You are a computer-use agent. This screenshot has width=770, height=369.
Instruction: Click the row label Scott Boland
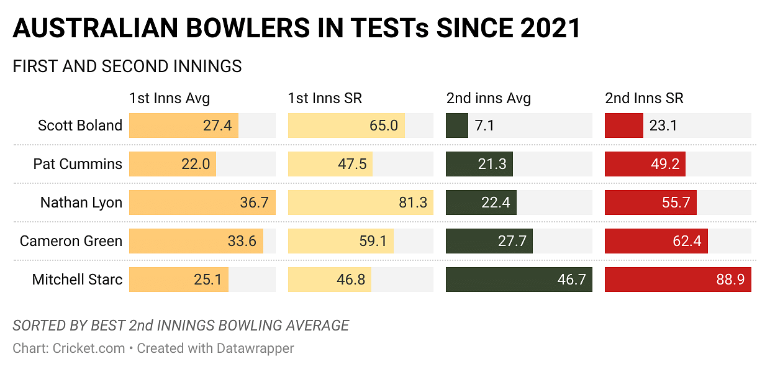79,125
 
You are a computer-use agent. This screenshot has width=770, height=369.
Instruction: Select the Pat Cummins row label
78,164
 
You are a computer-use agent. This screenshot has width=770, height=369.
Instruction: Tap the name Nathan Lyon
81,203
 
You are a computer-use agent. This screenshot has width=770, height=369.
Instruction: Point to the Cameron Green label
71,241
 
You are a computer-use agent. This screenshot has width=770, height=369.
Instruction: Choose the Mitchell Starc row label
77,280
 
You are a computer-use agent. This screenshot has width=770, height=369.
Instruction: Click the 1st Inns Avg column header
170,98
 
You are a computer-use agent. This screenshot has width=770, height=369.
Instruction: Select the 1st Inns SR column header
325,98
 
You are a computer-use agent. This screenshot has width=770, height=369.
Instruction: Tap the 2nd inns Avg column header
489,98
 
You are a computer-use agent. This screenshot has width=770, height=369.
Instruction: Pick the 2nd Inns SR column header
644,98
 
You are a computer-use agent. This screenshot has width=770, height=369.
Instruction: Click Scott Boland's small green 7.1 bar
456,125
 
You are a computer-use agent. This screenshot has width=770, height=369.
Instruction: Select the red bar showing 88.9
677,280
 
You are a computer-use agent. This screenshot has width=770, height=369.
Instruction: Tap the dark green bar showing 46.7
519,280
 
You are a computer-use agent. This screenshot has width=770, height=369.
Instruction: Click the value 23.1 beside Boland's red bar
663,125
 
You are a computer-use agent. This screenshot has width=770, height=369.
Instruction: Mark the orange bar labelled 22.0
172,164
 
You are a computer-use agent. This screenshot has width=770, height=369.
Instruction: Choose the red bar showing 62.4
656,241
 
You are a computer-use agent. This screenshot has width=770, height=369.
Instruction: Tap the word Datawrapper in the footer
255,348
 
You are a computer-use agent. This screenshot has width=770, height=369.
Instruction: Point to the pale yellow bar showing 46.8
329,280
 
